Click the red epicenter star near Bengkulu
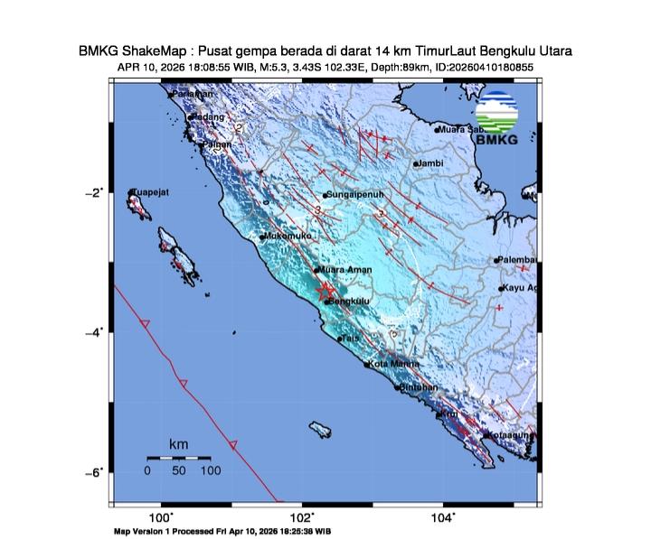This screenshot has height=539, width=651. point(325,291)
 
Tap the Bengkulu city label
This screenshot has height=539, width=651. point(349,302)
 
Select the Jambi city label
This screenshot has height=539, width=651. point(430,163)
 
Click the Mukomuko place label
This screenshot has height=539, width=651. point(288,237)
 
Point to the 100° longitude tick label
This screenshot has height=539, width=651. point(162,516)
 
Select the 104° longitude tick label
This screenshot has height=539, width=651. point(443,516)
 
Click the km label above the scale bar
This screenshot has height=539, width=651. point(179,445)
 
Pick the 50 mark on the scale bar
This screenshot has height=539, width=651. point(179,470)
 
